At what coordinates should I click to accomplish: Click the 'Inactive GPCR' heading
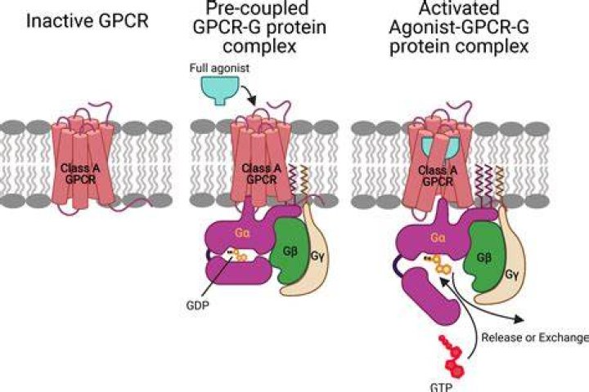(x=88, y=21)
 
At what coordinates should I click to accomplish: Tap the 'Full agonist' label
(x=219, y=69)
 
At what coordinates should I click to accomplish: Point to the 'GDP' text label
(x=198, y=305)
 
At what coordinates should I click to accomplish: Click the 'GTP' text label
(x=441, y=386)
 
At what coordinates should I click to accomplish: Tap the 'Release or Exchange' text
(x=535, y=337)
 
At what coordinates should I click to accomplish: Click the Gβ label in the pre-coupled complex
(x=290, y=251)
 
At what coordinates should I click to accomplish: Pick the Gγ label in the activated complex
(x=511, y=275)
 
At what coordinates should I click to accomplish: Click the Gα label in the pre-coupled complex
(x=242, y=233)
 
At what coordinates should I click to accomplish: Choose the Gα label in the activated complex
(x=438, y=238)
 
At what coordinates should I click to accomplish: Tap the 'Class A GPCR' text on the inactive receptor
(x=80, y=174)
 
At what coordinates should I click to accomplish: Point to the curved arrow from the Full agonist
(x=249, y=93)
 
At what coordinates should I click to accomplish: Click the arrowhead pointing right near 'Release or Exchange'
(x=519, y=319)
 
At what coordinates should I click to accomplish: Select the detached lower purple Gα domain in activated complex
(x=431, y=296)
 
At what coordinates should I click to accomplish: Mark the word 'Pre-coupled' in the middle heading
(x=258, y=7)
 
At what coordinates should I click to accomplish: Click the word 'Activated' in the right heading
(x=459, y=7)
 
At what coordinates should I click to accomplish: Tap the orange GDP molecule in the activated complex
(x=439, y=265)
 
